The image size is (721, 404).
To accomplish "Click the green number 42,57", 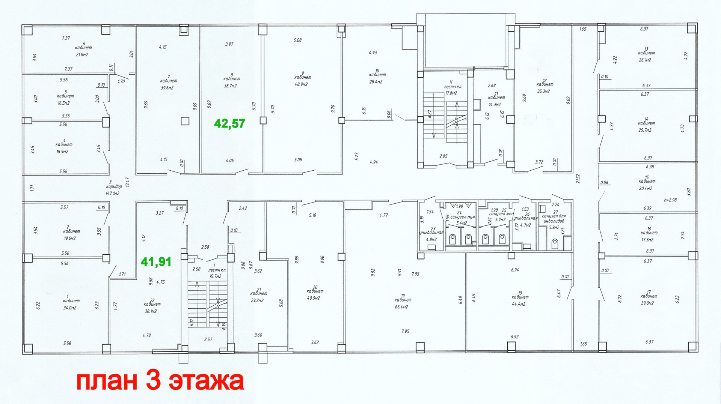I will (229, 123).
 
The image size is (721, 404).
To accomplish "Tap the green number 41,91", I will (156, 262).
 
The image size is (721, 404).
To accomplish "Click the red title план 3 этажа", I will (160, 381).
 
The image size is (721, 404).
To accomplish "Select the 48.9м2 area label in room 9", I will (301, 84).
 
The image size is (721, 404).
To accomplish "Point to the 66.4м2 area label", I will (401, 307).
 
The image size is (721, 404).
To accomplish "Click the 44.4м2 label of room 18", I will (518, 304).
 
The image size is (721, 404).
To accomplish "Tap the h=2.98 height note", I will (670, 200).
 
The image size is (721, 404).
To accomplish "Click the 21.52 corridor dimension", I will (578, 179).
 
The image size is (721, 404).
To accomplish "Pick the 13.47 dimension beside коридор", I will (128, 182).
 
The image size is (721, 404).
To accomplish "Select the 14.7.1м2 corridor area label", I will (112, 194).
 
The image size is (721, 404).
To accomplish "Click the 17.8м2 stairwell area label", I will (451, 93).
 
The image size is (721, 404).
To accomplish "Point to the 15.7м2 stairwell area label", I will (215, 276).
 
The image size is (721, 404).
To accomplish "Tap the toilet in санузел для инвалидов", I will (555, 244).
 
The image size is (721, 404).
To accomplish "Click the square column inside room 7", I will (185, 121).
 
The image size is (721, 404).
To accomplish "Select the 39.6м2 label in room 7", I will (167, 88).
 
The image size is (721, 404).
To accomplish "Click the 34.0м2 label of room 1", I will (70, 308).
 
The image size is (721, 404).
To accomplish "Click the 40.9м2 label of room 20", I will (314, 298).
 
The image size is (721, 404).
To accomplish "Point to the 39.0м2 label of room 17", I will (647, 303).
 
